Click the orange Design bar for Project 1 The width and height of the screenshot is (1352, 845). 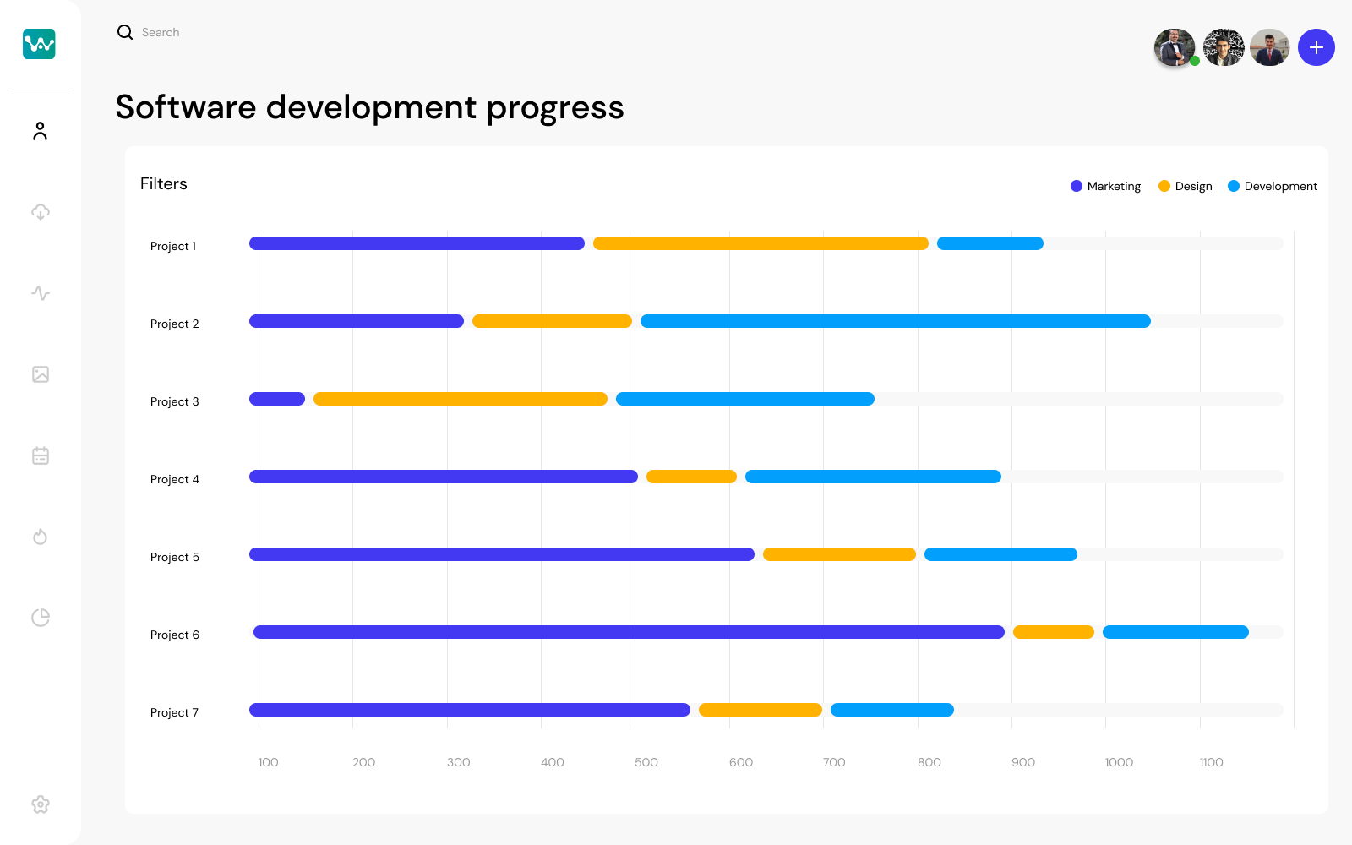760,243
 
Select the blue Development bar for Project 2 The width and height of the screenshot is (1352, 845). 895,321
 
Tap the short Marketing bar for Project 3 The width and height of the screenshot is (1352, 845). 277,399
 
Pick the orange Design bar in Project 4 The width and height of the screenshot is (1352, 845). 691,477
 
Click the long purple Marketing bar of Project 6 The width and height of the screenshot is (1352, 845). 629,632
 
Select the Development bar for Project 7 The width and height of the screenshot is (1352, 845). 891,710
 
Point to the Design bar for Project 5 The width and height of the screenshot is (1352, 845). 839,554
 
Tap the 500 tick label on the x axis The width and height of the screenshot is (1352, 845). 646,762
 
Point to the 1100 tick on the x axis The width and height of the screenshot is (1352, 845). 1211,762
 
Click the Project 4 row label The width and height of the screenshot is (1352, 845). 175,479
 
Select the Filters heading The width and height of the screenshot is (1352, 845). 164,184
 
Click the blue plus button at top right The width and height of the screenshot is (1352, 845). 1316,47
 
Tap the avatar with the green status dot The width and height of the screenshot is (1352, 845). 1175,47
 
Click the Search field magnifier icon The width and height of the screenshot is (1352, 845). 125,32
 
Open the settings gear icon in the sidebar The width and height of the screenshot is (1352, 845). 41,804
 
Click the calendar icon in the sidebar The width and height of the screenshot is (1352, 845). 41,455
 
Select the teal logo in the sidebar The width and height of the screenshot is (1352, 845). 39,43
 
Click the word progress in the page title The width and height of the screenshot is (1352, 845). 554,108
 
